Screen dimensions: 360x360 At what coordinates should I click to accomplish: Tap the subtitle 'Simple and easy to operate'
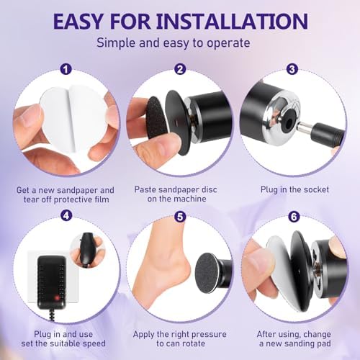[179, 42]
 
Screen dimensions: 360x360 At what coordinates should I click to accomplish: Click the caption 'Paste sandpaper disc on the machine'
[179, 196]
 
